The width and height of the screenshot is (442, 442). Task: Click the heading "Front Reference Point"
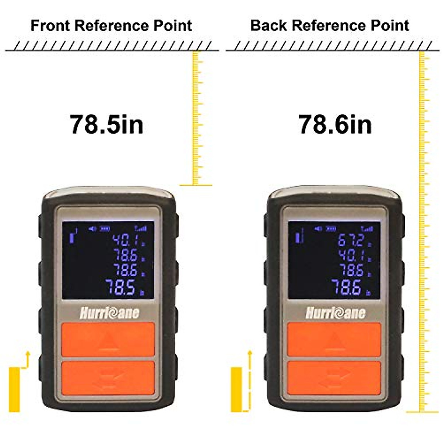(111, 26)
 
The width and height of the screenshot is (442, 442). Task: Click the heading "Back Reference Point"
(330, 26)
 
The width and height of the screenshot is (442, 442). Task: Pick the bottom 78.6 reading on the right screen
(346, 287)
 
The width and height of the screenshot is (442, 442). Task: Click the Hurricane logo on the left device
(109, 313)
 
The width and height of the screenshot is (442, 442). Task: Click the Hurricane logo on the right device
(335, 313)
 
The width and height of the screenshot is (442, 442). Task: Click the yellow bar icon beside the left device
(14, 389)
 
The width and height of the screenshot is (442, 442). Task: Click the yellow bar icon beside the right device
(236, 389)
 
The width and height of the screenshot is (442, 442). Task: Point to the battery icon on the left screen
(106, 229)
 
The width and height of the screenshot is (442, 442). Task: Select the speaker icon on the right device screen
(318, 229)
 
